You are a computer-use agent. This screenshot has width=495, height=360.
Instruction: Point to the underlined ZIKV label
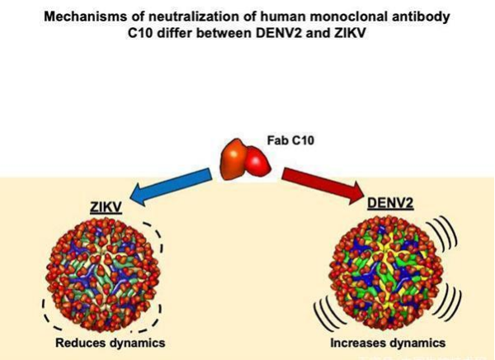(104, 210)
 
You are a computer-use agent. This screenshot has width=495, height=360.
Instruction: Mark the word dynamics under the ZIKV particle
(134, 342)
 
